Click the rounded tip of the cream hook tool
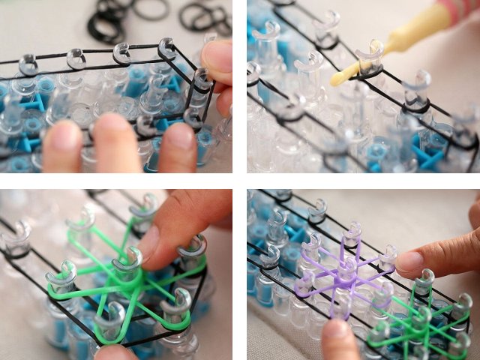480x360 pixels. (337, 78)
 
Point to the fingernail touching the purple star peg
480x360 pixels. (409, 260)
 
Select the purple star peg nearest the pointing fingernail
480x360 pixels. (385, 256)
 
